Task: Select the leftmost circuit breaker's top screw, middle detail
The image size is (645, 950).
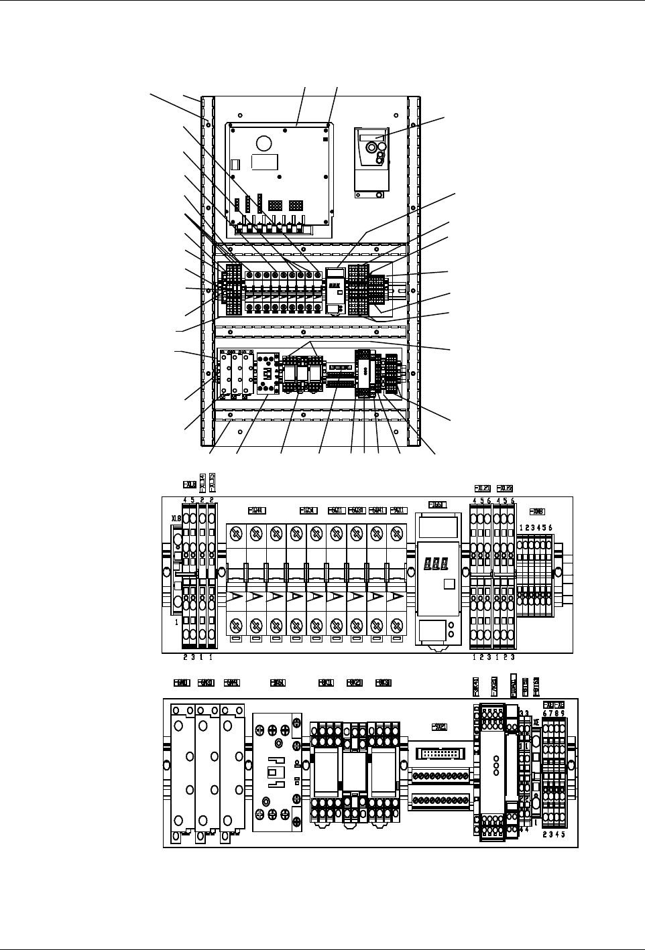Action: [236, 534]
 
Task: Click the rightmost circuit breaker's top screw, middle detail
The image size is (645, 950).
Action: [396, 534]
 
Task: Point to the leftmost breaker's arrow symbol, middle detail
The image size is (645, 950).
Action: [236, 596]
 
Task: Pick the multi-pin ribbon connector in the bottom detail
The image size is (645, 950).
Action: [439, 754]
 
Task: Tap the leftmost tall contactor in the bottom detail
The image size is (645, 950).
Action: [182, 770]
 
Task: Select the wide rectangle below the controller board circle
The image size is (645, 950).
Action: [264, 162]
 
